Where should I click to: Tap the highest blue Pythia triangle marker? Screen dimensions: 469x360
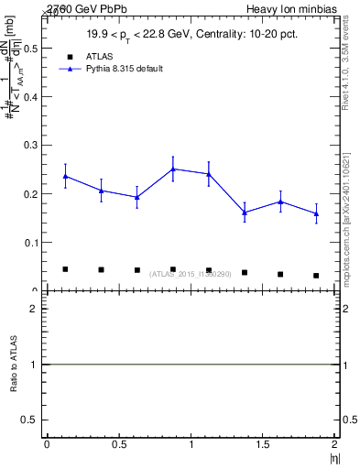pyautogui.click(x=173, y=169)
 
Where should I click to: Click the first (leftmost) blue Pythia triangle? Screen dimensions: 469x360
pyautogui.click(x=65, y=176)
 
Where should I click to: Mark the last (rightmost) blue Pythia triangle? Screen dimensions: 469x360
pyautogui.click(x=316, y=213)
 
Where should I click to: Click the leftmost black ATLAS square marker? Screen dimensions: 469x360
pyautogui.click(x=65, y=269)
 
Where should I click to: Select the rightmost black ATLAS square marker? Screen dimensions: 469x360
pyautogui.click(x=316, y=275)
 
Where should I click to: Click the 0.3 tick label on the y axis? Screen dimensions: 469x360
pyautogui.click(x=34, y=145)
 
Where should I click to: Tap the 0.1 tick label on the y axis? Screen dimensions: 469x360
pyautogui.click(x=34, y=243)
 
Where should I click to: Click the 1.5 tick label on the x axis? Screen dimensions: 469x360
pyautogui.click(x=263, y=443)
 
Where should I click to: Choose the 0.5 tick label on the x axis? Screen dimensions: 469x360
pyautogui.click(x=118, y=443)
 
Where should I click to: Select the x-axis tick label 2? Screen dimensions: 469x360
pyautogui.click(x=335, y=443)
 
